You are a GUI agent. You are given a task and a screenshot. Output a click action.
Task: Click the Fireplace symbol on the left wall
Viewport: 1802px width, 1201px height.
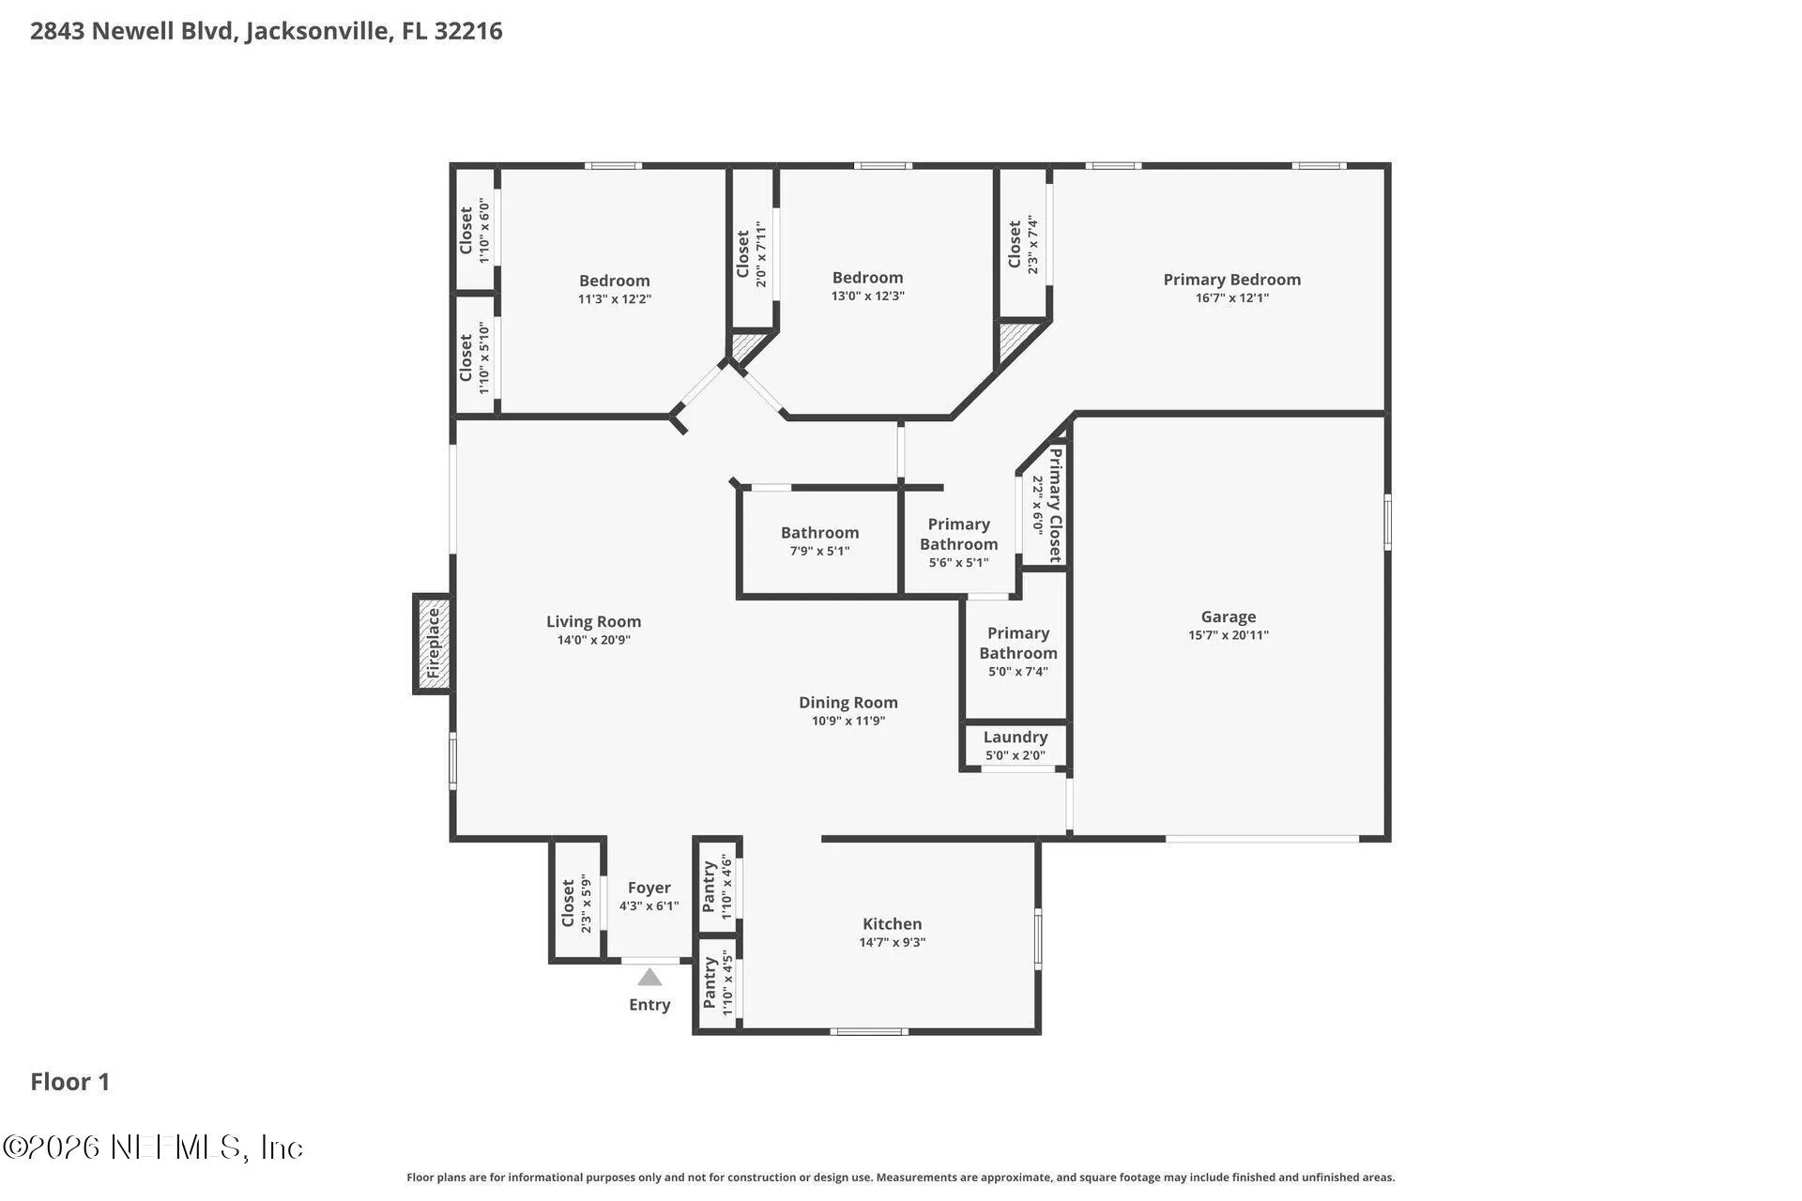[434, 644]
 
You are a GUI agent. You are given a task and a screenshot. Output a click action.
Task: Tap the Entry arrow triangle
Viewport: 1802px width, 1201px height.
[649, 978]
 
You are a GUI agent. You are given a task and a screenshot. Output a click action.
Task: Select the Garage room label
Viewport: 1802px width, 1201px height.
[1229, 616]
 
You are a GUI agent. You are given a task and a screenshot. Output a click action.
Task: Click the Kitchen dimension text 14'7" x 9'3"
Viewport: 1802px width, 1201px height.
[893, 942]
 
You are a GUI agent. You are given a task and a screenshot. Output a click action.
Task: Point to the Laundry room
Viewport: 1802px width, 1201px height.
[1016, 746]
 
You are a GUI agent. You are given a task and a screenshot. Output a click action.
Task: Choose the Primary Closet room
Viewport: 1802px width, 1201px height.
[1045, 505]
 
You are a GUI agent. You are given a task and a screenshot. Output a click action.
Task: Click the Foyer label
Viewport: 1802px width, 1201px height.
[649, 887]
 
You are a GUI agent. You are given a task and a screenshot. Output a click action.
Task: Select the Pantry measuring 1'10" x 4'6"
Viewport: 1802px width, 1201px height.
[718, 887]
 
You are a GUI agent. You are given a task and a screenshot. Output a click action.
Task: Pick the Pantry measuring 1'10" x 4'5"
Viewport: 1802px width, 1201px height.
[718, 983]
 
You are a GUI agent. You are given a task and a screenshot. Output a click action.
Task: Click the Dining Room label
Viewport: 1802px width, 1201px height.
[848, 702]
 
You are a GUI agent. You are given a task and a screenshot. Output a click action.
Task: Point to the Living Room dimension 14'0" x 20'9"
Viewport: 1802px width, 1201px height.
[594, 640]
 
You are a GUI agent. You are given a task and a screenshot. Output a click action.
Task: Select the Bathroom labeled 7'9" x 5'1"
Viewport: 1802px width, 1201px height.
[819, 541]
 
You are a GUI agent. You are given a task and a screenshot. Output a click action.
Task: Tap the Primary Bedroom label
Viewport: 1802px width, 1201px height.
[1232, 279]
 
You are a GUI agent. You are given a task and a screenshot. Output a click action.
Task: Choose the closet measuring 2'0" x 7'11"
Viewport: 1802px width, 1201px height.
[753, 249]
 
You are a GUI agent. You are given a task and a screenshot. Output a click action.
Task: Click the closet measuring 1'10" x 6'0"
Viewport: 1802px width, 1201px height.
[475, 230]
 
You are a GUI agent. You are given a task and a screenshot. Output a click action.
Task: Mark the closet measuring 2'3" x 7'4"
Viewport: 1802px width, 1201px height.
[1023, 244]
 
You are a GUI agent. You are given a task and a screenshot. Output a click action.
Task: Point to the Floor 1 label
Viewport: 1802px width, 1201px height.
[70, 1082]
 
